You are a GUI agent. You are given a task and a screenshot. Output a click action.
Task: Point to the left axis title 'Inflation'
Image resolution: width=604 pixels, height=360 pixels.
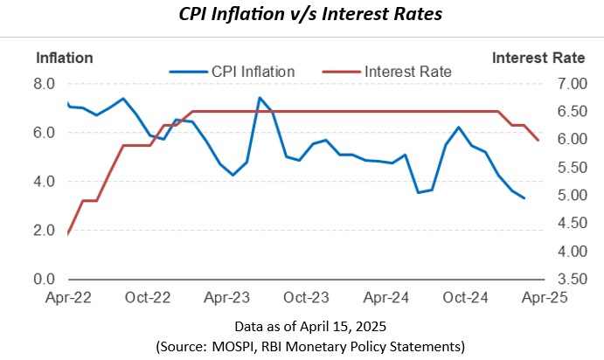point(64,59)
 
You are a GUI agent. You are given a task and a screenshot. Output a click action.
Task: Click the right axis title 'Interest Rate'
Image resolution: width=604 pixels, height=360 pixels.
point(538,59)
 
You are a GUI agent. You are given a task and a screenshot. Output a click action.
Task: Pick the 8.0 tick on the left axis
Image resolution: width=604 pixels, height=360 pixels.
point(45,84)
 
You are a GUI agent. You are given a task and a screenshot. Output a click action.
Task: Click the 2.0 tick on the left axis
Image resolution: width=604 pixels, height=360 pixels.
point(45,231)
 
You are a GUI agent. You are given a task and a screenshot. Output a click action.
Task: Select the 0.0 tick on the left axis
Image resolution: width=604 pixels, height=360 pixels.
point(45,280)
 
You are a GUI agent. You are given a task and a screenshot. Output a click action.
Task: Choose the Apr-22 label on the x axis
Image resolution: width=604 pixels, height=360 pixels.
point(68,297)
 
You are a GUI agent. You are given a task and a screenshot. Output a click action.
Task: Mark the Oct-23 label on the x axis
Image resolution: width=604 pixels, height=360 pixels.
point(307,297)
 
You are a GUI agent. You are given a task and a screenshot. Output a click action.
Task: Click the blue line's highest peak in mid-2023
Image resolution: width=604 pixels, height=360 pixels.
point(260,98)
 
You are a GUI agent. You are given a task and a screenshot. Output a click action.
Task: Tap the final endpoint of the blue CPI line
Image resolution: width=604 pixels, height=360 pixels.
point(524,198)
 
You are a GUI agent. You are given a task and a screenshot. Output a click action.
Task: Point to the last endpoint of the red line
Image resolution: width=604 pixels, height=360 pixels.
point(538,140)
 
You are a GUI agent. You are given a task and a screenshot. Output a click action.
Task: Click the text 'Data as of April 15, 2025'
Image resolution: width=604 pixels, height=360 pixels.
point(302,326)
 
